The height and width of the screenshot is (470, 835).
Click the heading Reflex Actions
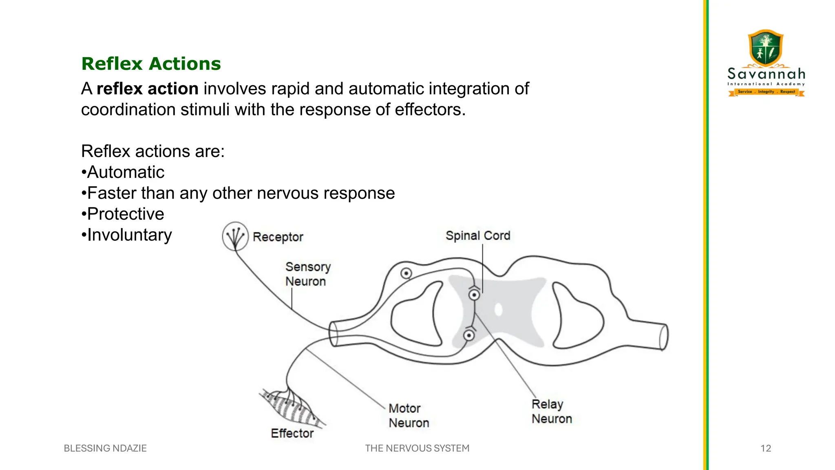pos(151,64)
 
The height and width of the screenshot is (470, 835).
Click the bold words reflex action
pos(148,89)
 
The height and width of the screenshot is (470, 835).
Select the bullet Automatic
pos(125,172)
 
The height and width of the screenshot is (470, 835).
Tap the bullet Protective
pos(125,214)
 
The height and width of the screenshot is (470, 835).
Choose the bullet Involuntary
pos(129,235)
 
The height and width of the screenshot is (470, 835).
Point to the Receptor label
pos(278,237)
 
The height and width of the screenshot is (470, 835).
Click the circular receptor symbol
pos(235,236)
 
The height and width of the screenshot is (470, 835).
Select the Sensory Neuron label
pos(307,274)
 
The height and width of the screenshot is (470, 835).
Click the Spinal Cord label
pos(477,235)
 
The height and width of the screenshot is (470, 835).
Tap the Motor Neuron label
pos(409,415)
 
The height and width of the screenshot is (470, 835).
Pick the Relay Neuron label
pos(551,411)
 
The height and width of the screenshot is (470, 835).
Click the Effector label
pos(292,433)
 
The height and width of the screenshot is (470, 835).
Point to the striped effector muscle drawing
pos(291,408)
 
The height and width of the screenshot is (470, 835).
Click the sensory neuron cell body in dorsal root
pos(406,273)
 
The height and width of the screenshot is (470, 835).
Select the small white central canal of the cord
pos(498,310)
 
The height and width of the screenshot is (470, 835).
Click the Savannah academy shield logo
pos(766,48)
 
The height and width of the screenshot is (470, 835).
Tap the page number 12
pos(765,448)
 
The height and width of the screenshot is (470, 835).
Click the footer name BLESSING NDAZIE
pos(105,448)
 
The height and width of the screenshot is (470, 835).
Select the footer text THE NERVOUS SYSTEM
pos(417,448)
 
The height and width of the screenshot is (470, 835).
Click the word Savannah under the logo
pos(766,74)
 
